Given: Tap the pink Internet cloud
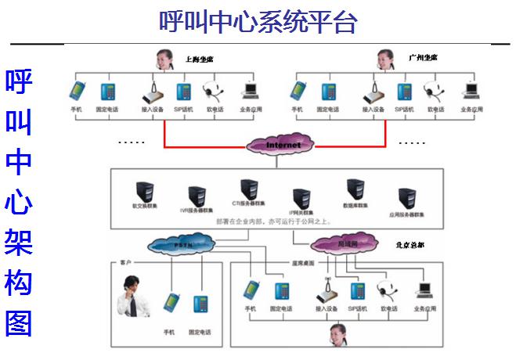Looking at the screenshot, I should click(283, 145).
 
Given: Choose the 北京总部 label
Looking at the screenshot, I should click(411, 244).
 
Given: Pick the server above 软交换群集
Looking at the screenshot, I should click(144, 193).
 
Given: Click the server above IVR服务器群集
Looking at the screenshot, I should click(193, 196).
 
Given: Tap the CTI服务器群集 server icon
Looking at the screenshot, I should click(249, 189).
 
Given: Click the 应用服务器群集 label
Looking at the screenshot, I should click(406, 214).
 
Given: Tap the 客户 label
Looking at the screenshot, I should click(126, 263).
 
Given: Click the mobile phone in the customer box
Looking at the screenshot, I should click(169, 302).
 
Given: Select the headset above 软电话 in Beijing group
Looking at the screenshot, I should click(386, 290).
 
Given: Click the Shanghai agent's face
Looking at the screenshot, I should click(164, 58).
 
